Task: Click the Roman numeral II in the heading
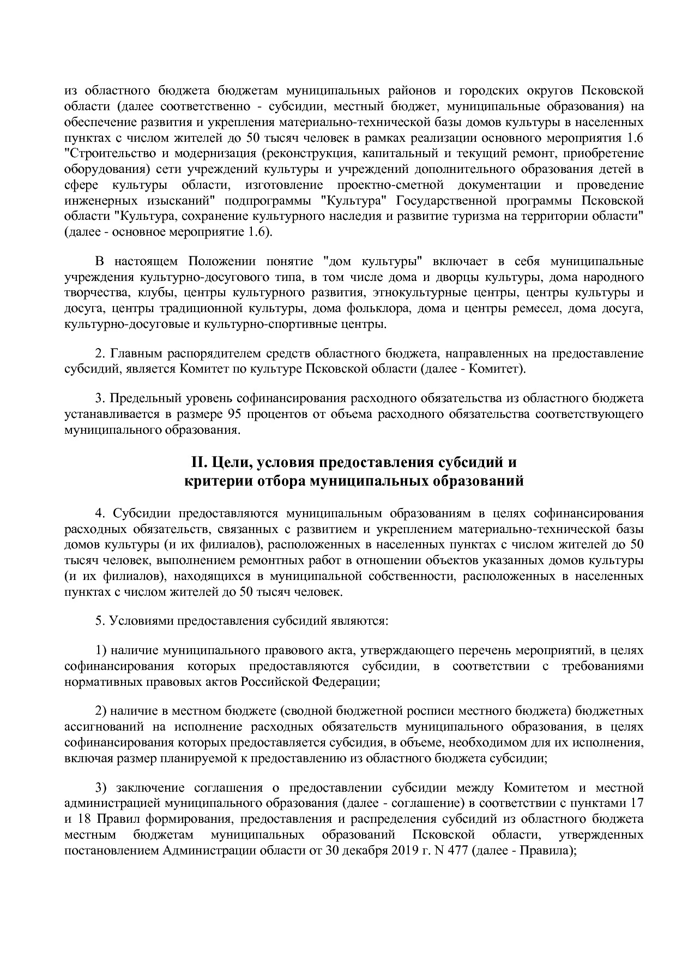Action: tap(197, 463)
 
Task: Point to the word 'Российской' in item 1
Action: tap(283, 682)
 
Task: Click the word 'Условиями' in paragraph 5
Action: tap(140, 621)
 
